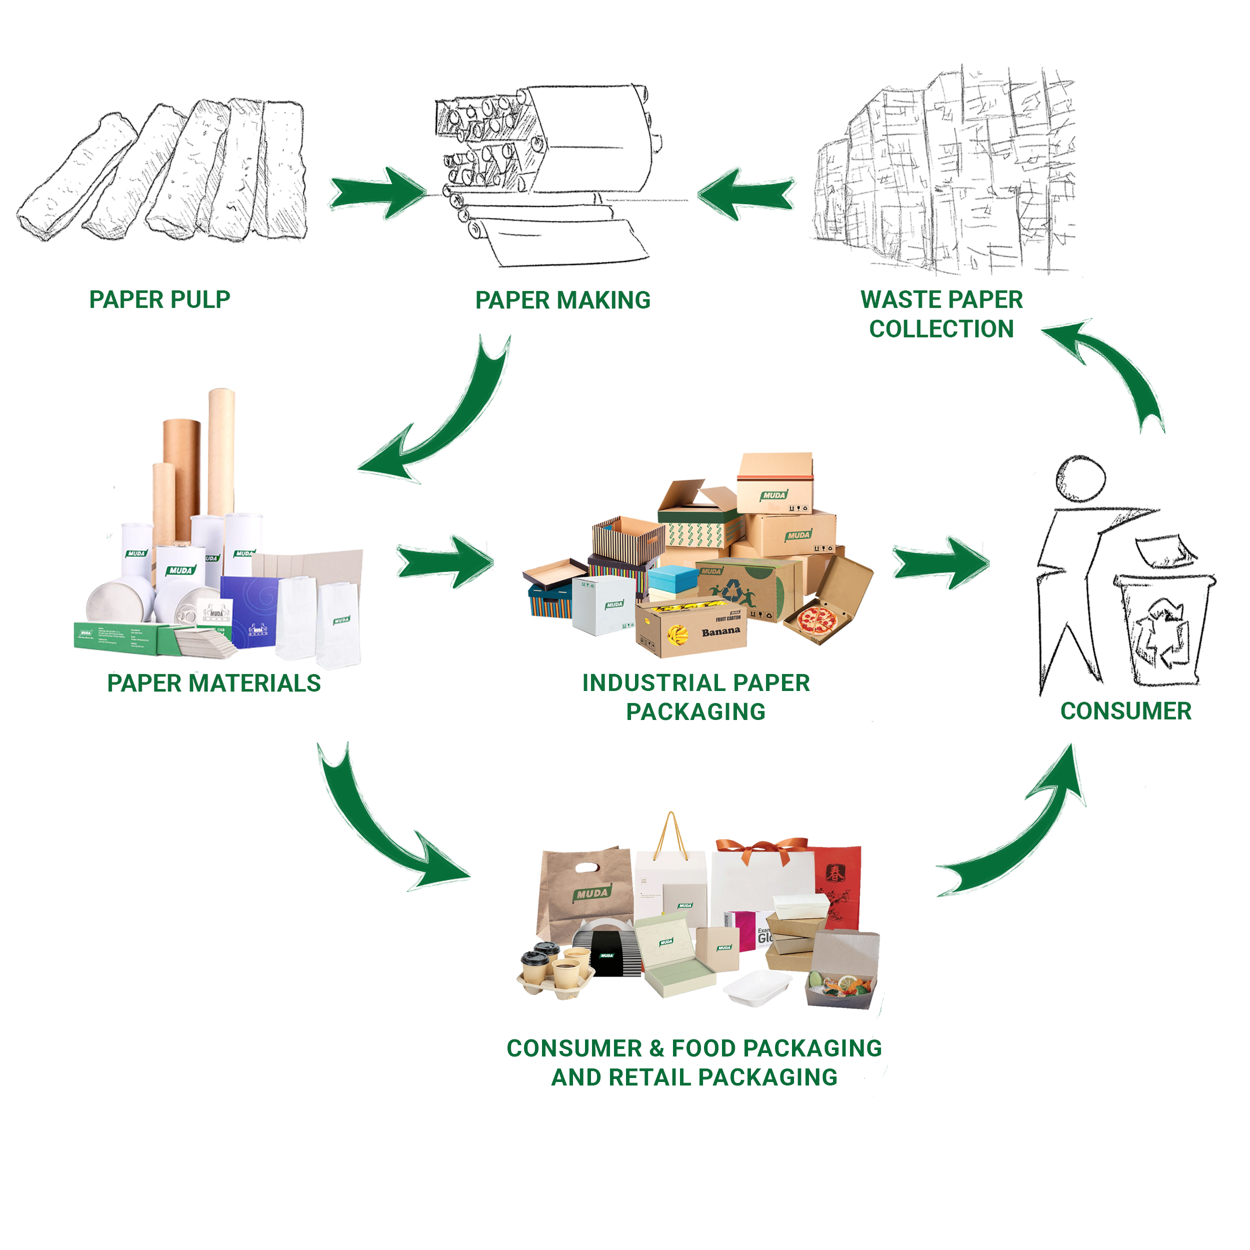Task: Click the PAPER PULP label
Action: tap(160, 299)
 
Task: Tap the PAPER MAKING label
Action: tap(563, 300)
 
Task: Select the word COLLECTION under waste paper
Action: tap(941, 328)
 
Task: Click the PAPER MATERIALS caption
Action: tap(214, 683)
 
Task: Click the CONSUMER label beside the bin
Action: tap(1126, 711)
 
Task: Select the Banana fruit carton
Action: tap(691, 630)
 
